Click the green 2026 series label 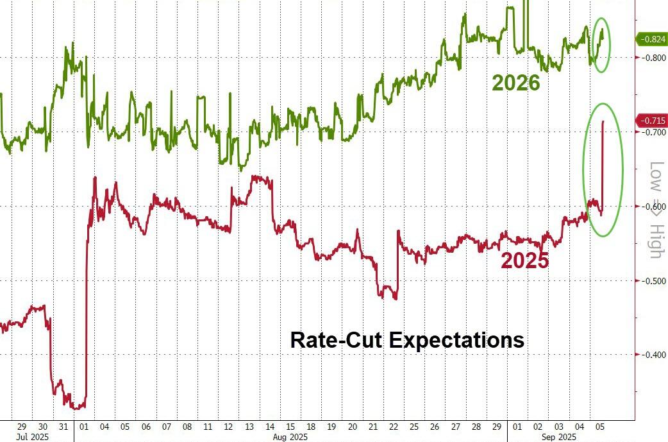516,83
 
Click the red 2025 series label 524,260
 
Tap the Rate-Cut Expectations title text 407,339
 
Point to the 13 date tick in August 249,427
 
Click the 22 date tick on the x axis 394,427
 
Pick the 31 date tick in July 63,427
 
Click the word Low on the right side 654,176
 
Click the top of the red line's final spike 603,121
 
